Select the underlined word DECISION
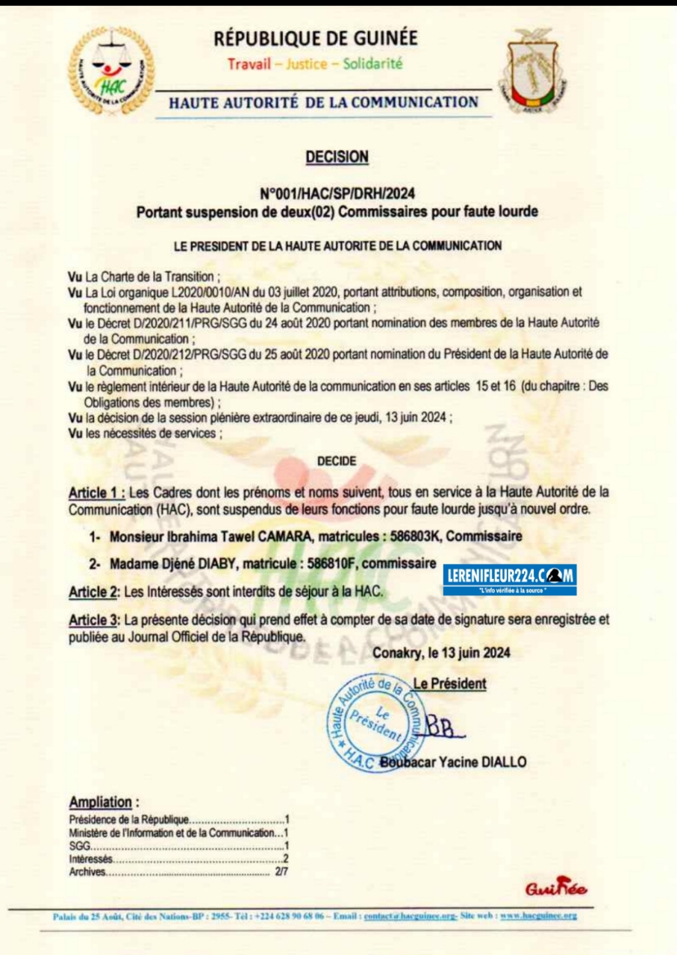(337, 157)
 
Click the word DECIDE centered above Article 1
(337, 462)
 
